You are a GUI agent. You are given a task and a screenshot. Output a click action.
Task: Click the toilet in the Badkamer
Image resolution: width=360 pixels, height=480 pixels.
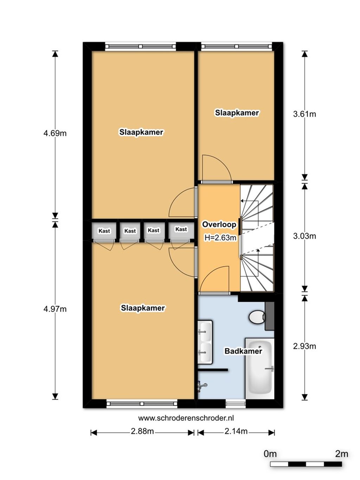point(257,316)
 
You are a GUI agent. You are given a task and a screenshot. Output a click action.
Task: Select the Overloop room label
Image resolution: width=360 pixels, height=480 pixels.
point(219,225)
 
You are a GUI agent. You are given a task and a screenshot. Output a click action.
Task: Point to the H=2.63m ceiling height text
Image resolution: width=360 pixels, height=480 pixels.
point(220,237)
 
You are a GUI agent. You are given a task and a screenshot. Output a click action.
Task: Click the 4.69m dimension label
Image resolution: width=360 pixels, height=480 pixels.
point(55,133)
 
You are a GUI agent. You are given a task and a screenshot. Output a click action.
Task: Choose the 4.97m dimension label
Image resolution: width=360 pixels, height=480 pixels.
point(55,309)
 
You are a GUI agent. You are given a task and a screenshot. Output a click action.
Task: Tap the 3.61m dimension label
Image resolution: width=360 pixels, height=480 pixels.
point(304,114)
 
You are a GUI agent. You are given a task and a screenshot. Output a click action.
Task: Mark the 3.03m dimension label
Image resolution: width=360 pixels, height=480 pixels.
point(304,236)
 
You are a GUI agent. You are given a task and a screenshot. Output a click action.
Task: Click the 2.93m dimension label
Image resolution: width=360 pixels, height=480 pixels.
point(304,346)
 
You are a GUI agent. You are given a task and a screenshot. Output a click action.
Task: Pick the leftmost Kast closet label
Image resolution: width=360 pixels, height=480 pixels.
point(104,231)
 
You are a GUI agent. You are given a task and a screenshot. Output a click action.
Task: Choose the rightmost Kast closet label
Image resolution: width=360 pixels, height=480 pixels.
point(181,229)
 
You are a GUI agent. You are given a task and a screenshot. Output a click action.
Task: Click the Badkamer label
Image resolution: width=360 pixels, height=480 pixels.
point(243,351)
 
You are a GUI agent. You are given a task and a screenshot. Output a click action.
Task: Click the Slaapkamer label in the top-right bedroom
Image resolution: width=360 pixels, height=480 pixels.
point(237,113)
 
